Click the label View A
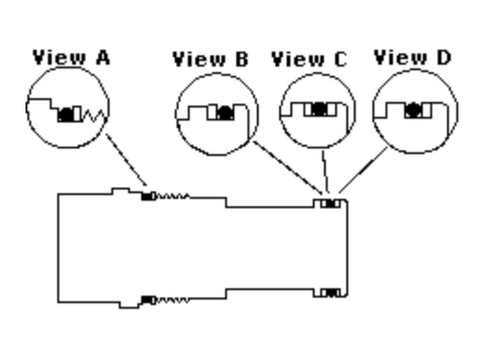pos(71,57)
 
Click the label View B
pos(210,59)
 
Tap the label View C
pos(309,59)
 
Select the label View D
pos(412,57)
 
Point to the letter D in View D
pos(443,57)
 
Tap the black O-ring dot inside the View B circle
pos(225,113)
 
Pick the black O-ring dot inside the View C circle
pos(319,109)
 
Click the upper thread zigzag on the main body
pos(172,197)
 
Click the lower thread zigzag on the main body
pos(172,300)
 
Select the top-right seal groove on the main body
pos(329,203)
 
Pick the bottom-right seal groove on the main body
pos(329,292)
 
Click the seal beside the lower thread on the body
pos(148,300)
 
